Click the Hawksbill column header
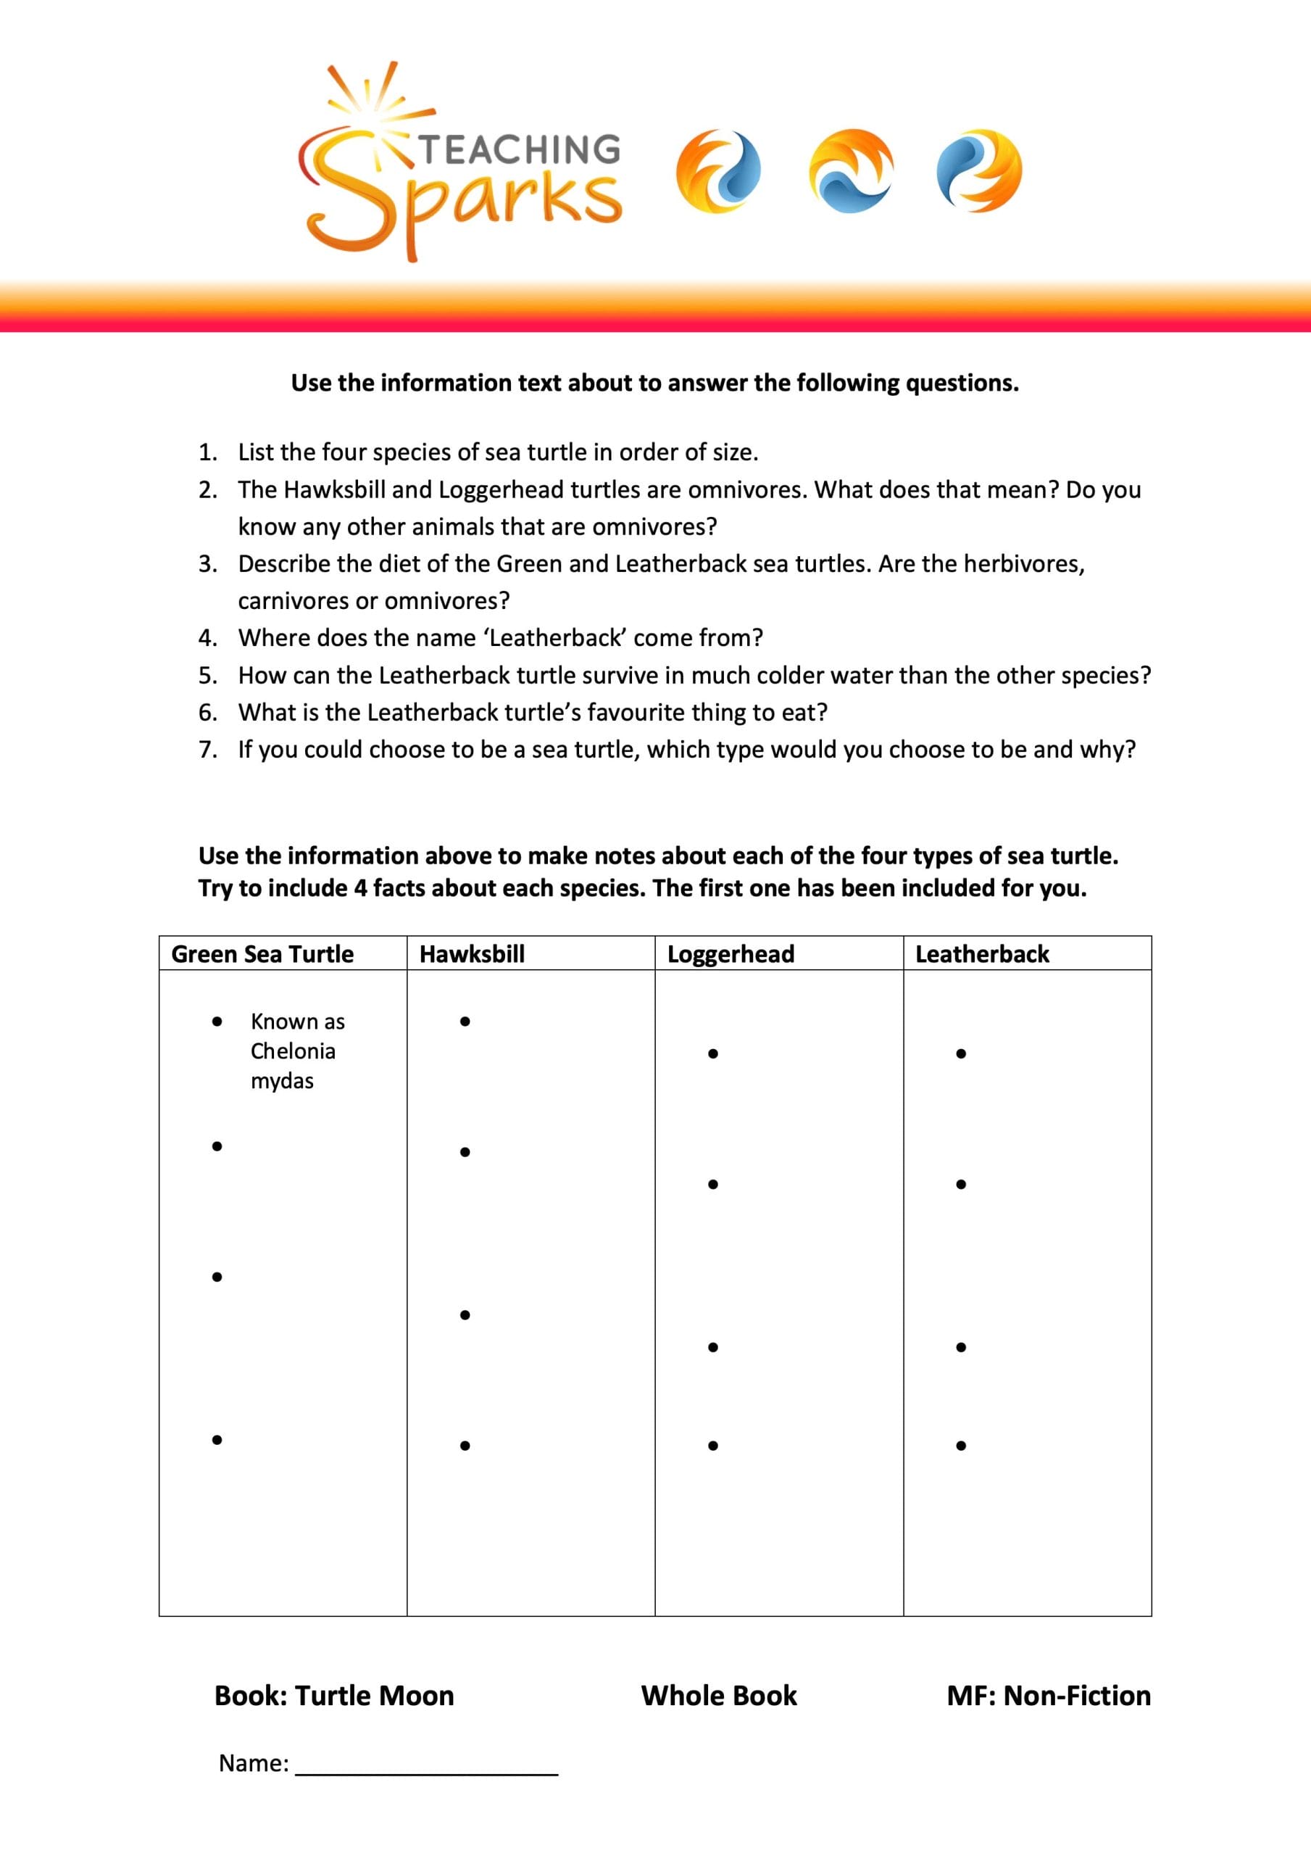tap(472, 954)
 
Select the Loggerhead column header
tap(731, 954)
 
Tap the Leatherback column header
tap(982, 954)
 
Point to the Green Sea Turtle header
tap(262, 954)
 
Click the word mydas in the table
tap(282, 1081)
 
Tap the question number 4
tap(207, 638)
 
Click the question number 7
tap(207, 750)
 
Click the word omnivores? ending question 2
tap(654, 527)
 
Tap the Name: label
tap(253, 1763)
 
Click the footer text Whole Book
tap(718, 1695)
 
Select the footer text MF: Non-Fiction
tap(1049, 1695)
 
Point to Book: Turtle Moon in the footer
tap(334, 1695)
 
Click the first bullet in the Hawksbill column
tap(465, 1022)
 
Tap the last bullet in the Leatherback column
tap(961, 1446)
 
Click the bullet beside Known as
tap(217, 1022)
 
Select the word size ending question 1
tap(731, 452)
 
